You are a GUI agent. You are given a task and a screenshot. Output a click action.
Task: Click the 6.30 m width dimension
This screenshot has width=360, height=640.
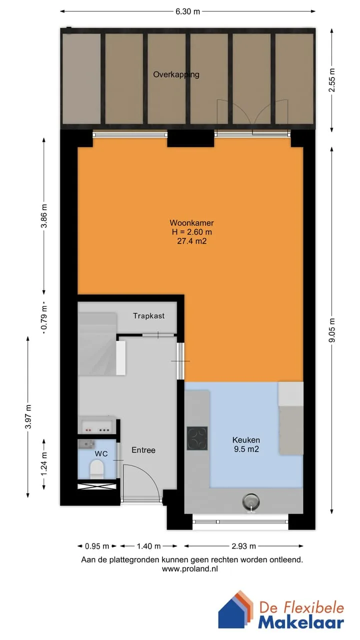(187, 11)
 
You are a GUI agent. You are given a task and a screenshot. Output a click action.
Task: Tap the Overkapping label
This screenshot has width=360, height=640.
(176, 74)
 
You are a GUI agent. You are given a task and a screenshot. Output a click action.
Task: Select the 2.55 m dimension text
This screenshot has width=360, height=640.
(331, 80)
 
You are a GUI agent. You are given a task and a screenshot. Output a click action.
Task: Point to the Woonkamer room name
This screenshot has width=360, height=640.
(191, 223)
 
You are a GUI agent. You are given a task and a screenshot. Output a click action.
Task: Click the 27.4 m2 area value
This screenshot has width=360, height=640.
(191, 241)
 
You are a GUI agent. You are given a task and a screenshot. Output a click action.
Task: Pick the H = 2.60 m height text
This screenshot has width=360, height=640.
(191, 232)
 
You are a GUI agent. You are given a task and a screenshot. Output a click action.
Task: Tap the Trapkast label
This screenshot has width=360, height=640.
(149, 316)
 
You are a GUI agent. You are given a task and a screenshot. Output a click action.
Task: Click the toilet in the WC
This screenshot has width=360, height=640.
(96, 469)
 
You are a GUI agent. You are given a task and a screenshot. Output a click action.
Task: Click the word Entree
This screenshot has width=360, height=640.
(143, 450)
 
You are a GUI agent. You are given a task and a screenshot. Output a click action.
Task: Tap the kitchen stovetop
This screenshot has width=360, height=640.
(197, 438)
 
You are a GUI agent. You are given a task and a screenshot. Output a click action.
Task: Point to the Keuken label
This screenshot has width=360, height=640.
(246, 440)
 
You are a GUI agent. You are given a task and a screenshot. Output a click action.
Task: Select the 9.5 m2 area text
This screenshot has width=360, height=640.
(246, 449)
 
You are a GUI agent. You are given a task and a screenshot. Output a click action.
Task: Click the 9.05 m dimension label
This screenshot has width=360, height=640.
(331, 330)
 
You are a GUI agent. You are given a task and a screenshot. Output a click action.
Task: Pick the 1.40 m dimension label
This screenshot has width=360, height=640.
(148, 546)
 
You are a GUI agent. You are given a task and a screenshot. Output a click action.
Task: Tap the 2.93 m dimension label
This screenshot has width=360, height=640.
(243, 546)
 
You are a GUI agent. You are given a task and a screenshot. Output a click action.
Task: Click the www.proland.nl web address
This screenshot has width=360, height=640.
(190, 569)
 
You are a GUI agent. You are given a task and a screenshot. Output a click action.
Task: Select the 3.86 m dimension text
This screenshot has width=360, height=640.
(44, 216)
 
